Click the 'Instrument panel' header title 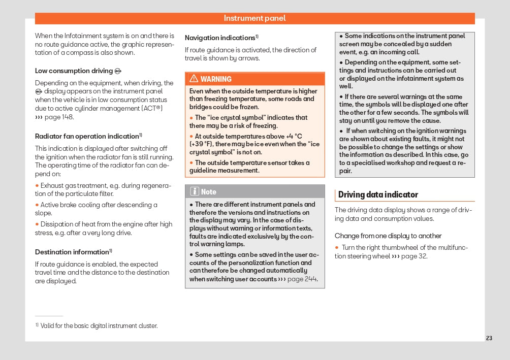pos(254,18)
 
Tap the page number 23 pos(489,338)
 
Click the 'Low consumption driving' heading pos(74,71)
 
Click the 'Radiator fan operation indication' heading pos(87,136)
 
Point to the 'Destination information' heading pos(72,252)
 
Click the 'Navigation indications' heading pos(220,38)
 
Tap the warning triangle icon pos(194,79)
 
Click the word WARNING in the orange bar pos(216,79)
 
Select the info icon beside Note pos(194,191)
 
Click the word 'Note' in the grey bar pos(209,192)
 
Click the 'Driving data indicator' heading pos(378,194)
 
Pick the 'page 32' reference pos(414,256)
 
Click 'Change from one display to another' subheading pos(388,236)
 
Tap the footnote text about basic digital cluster pos(99,326)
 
